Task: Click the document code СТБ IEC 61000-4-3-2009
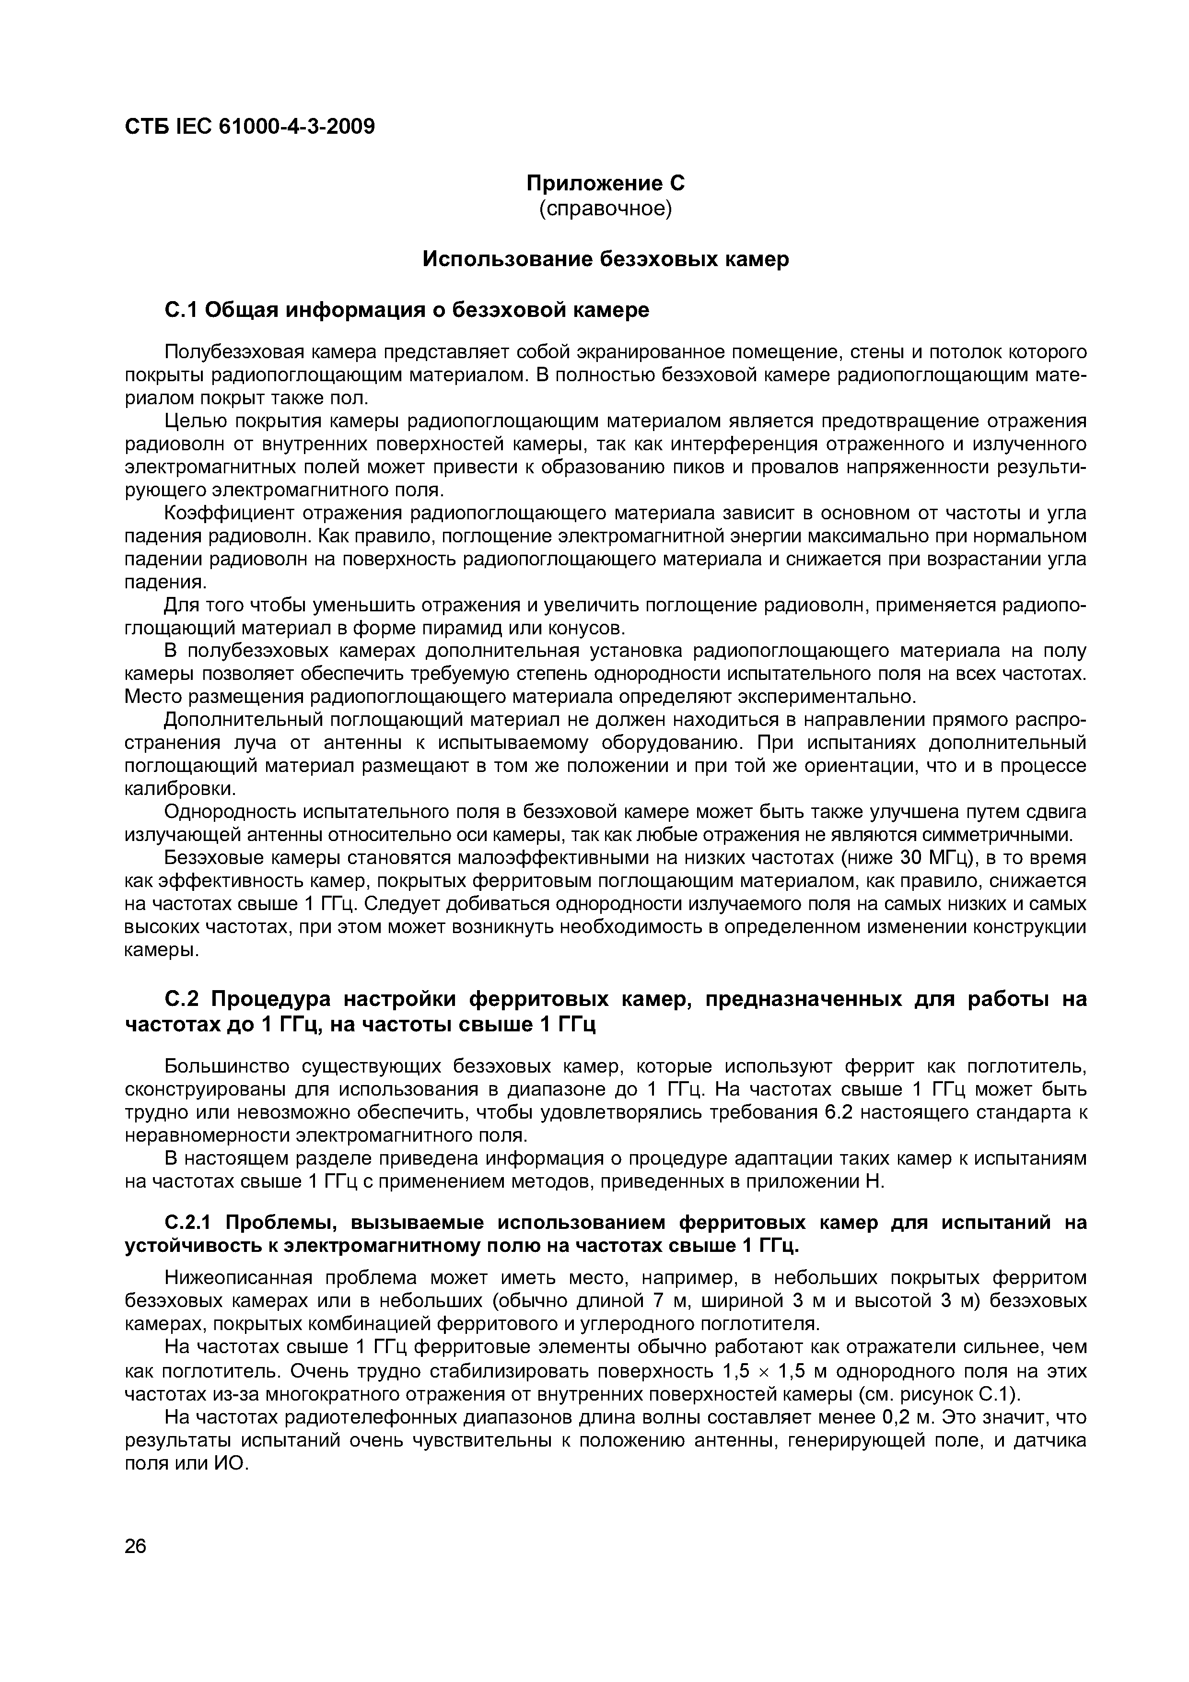(x=250, y=127)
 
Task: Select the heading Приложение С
(x=605, y=182)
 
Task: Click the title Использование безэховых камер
(x=605, y=259)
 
